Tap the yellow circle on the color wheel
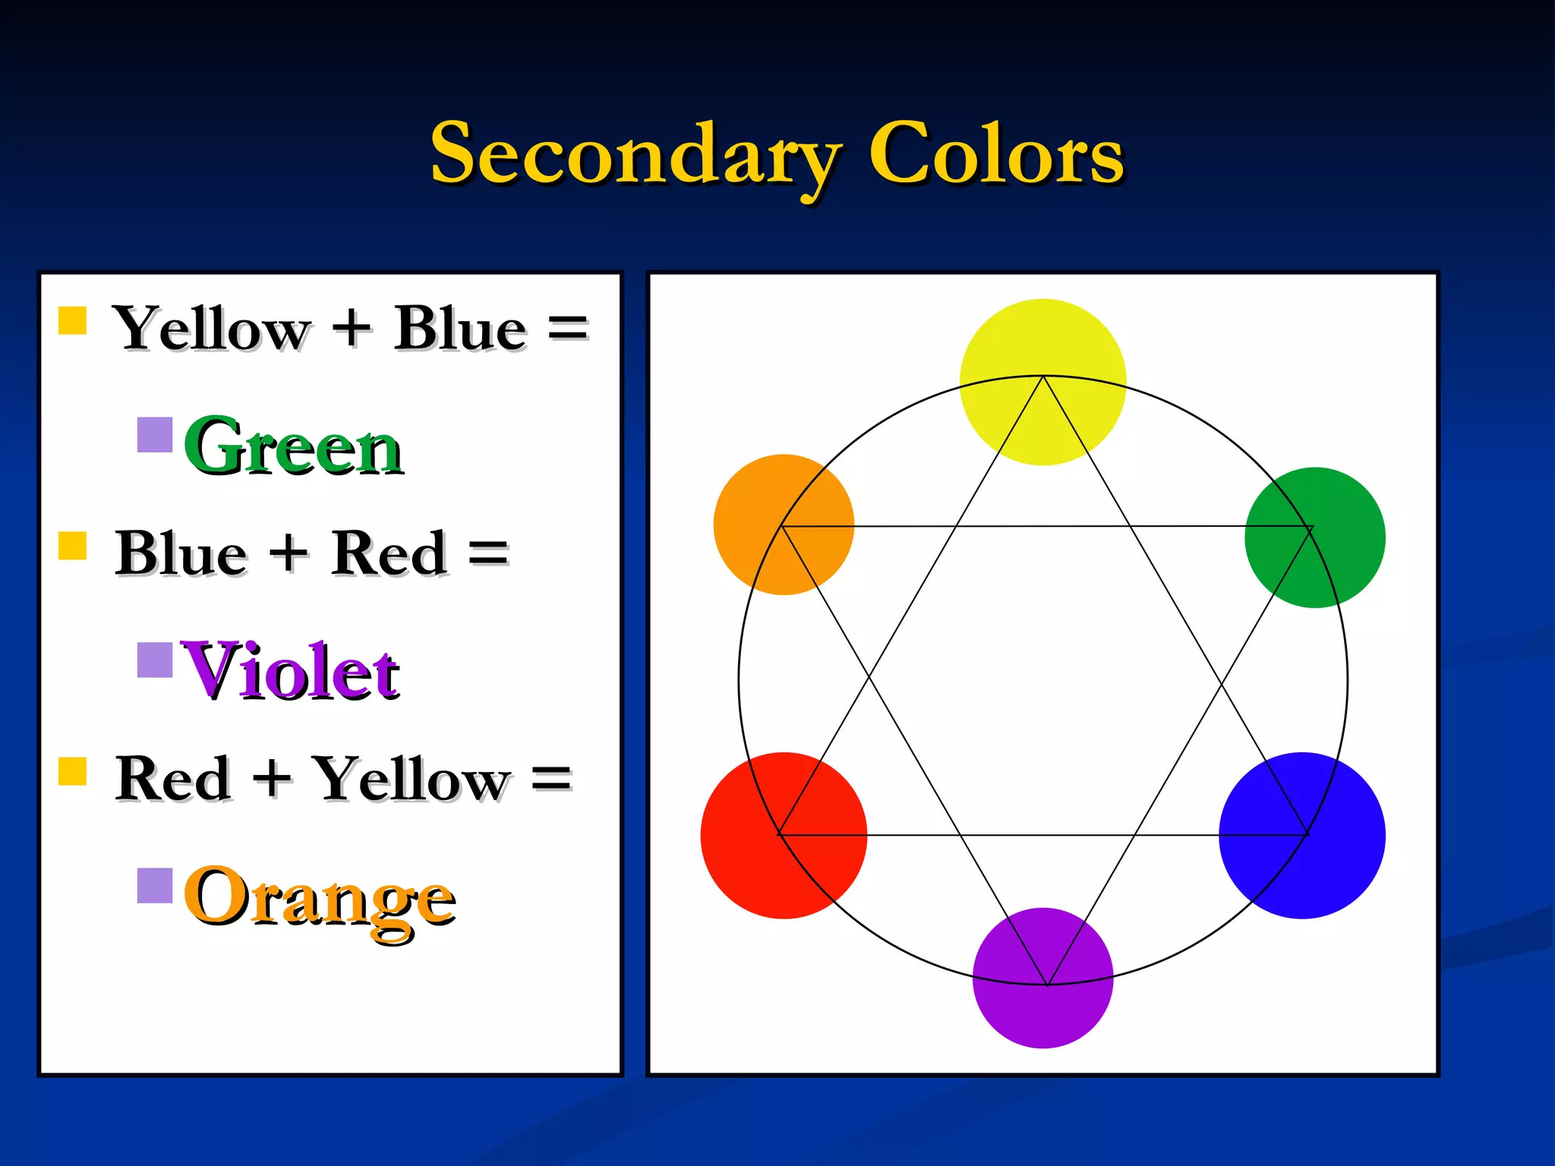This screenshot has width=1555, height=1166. coord(1042,382)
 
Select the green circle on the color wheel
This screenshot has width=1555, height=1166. coord(1314,537)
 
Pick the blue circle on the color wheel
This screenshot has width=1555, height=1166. coord(1301,835)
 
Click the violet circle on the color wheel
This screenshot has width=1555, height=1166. coord(1042,978)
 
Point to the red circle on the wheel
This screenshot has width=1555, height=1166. coord(784,835)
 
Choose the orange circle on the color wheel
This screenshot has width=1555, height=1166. coord(784,525)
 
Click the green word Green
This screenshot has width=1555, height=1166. coord(293,448)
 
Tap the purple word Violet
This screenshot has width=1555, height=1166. coord(290,671)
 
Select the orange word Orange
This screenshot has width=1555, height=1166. coord(319,897)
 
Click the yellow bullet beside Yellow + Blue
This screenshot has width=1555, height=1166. coord(73,320)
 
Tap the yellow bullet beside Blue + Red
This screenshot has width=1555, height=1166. coord(73,545)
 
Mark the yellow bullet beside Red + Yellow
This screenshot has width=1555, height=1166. coord(73,771)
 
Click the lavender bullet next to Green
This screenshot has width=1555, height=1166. coord(155,435)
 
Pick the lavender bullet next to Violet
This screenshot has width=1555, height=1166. coord(155,660)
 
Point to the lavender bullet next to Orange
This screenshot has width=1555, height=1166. coord(155,885)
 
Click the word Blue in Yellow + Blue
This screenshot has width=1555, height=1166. coord(459,329)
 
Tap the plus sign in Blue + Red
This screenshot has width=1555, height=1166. coord(289,553)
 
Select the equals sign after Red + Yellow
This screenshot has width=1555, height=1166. coord(551,779)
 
